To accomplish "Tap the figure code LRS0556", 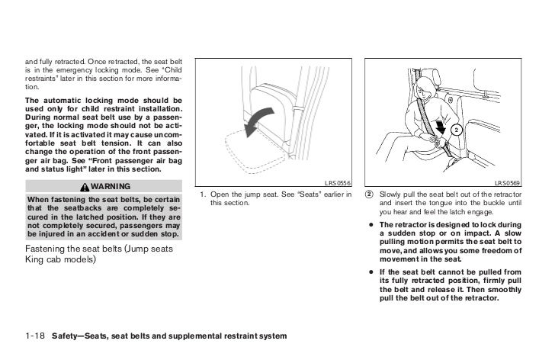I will [x=336, y=183].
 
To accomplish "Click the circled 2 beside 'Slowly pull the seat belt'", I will [x=370, y=194].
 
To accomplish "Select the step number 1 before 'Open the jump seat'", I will [x=201, y=194].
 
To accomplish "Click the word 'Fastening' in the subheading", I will [x=47, y=250].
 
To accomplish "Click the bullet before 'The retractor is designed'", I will [x=370, y=226].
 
